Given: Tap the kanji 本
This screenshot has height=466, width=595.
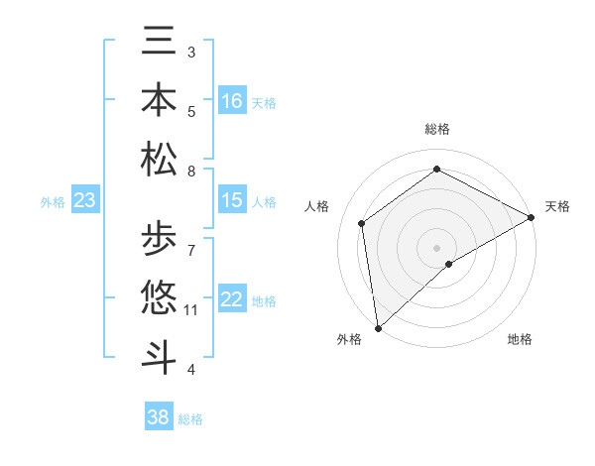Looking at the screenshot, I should (x=159, y=99).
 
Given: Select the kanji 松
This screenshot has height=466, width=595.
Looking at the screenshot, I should (x=159, y=159).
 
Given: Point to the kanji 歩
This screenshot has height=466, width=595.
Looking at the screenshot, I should (x=159, y=238).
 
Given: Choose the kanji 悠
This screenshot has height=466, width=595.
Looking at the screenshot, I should (x=159, y=296).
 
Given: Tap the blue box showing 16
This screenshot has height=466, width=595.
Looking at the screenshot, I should (x=232, y=101).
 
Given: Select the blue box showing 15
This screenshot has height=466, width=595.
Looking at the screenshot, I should (x=232, y=200).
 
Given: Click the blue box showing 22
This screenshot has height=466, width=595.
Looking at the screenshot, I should (x=232, y=299).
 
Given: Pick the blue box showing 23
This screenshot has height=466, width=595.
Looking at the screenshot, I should (x=85, y=200).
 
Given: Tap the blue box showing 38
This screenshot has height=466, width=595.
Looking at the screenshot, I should (x=159, y=417).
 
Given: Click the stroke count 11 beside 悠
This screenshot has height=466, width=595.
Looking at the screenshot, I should (x=191, y=310).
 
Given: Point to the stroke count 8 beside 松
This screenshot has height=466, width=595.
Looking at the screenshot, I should (x=191, y=172).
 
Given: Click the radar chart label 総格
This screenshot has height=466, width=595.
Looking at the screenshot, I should (x=436, y=129).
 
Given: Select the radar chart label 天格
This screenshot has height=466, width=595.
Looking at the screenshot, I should (x=557, y=206).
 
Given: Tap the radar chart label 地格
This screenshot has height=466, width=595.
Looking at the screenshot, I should (x=520, y=339).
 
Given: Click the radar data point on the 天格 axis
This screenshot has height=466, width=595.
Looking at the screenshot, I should (x=532, y=217).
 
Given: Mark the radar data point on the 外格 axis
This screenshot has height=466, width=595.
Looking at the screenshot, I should (x=378, y=328).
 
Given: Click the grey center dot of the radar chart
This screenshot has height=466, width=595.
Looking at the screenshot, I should (x=436, y=247).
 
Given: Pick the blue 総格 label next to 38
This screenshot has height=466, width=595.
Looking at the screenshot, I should (x=190, y=419).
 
